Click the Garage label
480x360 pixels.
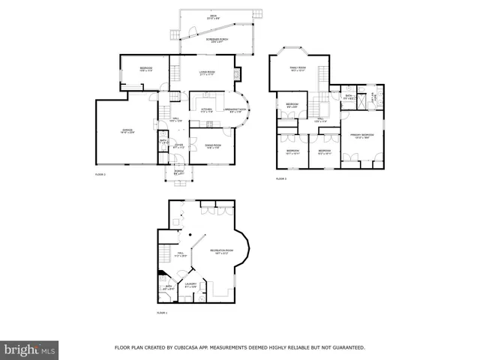(x=127, y=130)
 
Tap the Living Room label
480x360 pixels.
(x=208, y=72)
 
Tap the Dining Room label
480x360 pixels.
(x=212, y=146)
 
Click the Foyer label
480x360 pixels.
(x=178, y=146)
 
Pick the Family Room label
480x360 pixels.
(x=298, y=68)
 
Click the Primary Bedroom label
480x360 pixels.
(x=361, y=136)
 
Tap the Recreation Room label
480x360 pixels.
(x=220, y=250)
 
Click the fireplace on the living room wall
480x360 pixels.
(x=239, y=74)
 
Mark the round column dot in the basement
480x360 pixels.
(x=191, y=235)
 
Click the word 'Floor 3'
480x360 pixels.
(x=281, y=178)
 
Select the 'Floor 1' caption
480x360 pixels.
(x=162, y=312)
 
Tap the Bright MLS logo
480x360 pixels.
(x=30, y=349)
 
